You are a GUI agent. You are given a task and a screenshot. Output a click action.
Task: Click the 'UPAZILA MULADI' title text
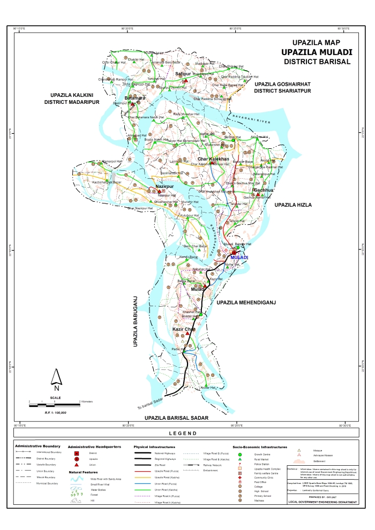pos(316,52)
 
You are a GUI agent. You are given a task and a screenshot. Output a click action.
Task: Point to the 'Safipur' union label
pos(183,73)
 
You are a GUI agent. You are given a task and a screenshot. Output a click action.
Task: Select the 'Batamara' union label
pos(135,99)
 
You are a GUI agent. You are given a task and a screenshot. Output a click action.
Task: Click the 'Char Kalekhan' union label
pos(213,160)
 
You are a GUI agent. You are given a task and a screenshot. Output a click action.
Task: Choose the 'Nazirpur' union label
pos(166,187)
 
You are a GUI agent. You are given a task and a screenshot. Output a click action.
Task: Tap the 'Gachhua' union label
pos(264,190)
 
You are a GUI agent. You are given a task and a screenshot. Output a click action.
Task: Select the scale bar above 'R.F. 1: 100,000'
pos(54,402)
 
